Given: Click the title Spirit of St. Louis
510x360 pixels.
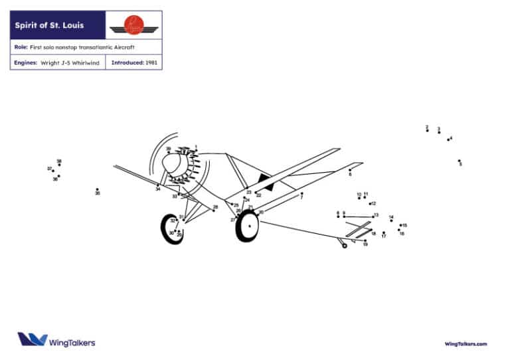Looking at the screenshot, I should pos(50,26).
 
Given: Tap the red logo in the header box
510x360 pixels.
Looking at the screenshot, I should pos(134,26).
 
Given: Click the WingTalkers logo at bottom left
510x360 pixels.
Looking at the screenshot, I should pos(56,339).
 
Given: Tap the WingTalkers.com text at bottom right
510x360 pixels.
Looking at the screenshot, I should pos(466,343).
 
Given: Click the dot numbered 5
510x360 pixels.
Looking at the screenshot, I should pos(459,160).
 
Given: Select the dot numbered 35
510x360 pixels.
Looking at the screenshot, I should pos(97,189).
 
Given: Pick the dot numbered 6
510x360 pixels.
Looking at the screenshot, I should pos(350,169).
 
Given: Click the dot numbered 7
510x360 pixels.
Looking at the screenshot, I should pos(301,194).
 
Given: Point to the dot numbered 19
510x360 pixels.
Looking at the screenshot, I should pos(365,240).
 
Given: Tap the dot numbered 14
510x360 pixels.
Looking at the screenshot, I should pos(391,221).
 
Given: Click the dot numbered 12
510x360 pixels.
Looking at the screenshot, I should pos(369,203).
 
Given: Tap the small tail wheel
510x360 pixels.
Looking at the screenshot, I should pos(344,246).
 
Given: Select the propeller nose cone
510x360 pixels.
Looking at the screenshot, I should pos(170,163).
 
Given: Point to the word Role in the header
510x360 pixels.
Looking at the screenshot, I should pos(20,47).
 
